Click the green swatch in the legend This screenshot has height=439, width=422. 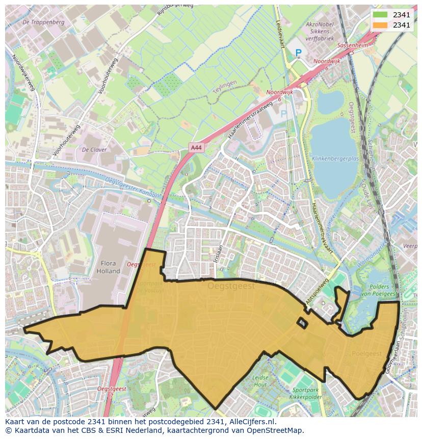pos(380,15)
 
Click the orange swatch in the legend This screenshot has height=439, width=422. pos(380,25)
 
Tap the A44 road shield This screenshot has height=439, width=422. pos(196,147)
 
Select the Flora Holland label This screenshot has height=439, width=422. pos(107,267)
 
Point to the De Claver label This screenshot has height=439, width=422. pos(94,150)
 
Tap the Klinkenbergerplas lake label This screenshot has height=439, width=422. pos(336,159)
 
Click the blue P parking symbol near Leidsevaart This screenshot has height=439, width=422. pos(298,53)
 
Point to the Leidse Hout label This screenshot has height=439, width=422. pos(260,381)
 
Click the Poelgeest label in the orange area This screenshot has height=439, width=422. pos(366,353)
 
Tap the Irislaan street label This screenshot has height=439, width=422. pos(218,253)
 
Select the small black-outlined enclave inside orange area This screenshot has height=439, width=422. pos(302,322)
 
